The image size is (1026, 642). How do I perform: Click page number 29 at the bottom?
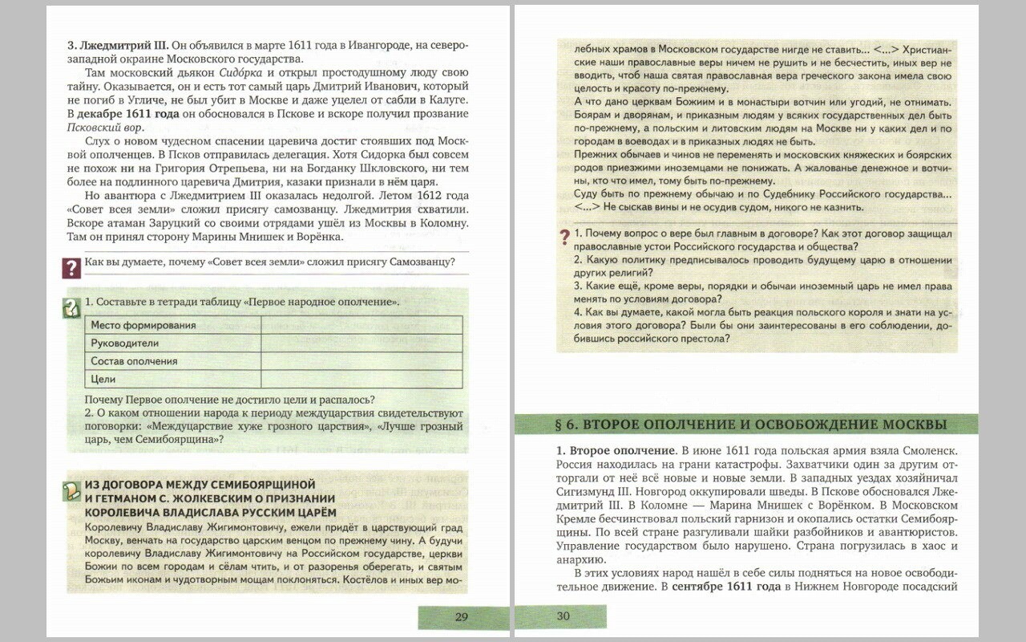coord(461,617)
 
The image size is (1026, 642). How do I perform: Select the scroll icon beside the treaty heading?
coord(72,490)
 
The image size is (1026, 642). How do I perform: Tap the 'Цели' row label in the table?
coord(103,379)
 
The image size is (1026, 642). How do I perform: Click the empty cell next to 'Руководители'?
coord(361,343)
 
